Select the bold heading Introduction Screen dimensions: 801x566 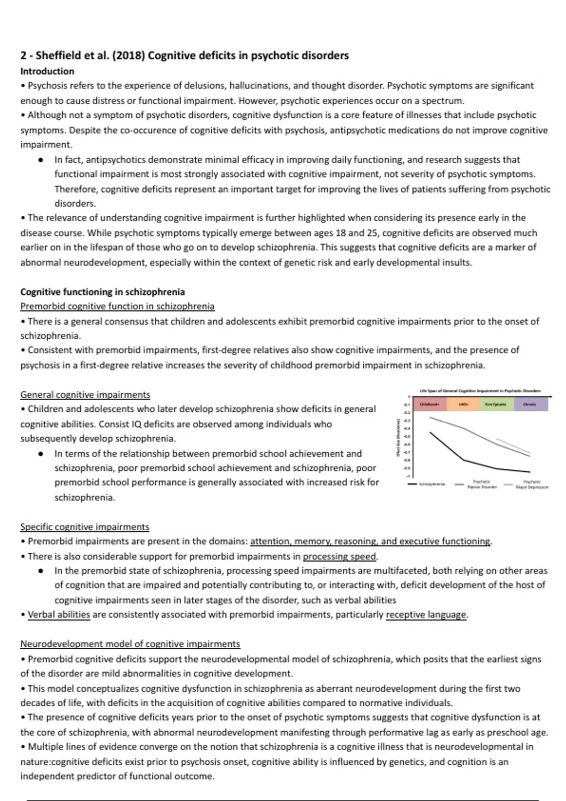pos(47,71)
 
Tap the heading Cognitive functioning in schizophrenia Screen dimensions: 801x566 pos(102,292)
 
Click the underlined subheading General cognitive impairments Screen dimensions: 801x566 pos(85,394)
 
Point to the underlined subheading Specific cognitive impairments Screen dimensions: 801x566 pos(84,527)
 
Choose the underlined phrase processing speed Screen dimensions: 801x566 pos(340,556)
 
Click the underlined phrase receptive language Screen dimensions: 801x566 pos(426,614)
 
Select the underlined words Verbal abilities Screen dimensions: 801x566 pos(58,614)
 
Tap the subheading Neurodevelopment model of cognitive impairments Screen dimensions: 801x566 pos(130,644)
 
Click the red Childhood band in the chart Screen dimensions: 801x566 pos(429,404)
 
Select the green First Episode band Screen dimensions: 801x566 pos(497,404)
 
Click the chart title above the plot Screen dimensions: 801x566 pos(480,391)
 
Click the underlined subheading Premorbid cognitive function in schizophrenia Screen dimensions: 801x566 pos(117,306)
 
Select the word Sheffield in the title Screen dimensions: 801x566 pos(58,56)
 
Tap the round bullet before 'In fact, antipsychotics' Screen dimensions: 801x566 pos(42,160)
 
